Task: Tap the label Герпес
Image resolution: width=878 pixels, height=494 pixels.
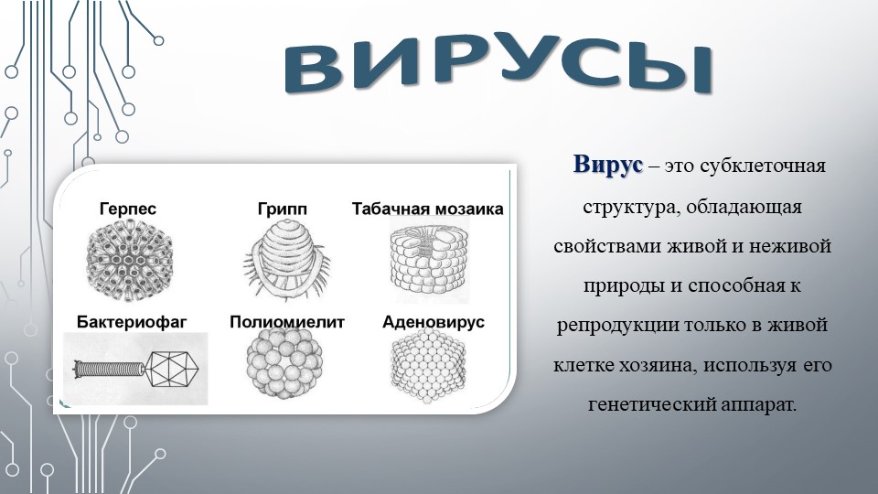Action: coord(128,209)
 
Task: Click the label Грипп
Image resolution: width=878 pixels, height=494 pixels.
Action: coord(283,209)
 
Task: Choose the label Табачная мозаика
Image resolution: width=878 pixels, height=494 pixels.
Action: coord(428,209)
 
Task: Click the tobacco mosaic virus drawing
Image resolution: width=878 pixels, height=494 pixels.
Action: coord(430,260)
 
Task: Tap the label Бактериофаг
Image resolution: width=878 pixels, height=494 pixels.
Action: coord(132,322)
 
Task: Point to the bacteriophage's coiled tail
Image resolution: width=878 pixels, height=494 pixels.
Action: coord(110,369)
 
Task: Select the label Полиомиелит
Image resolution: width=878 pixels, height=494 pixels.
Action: coord(286,322)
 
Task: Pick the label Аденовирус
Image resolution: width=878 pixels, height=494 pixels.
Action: coord(434,322)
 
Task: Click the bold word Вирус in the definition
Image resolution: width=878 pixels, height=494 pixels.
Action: coord(607,165)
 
